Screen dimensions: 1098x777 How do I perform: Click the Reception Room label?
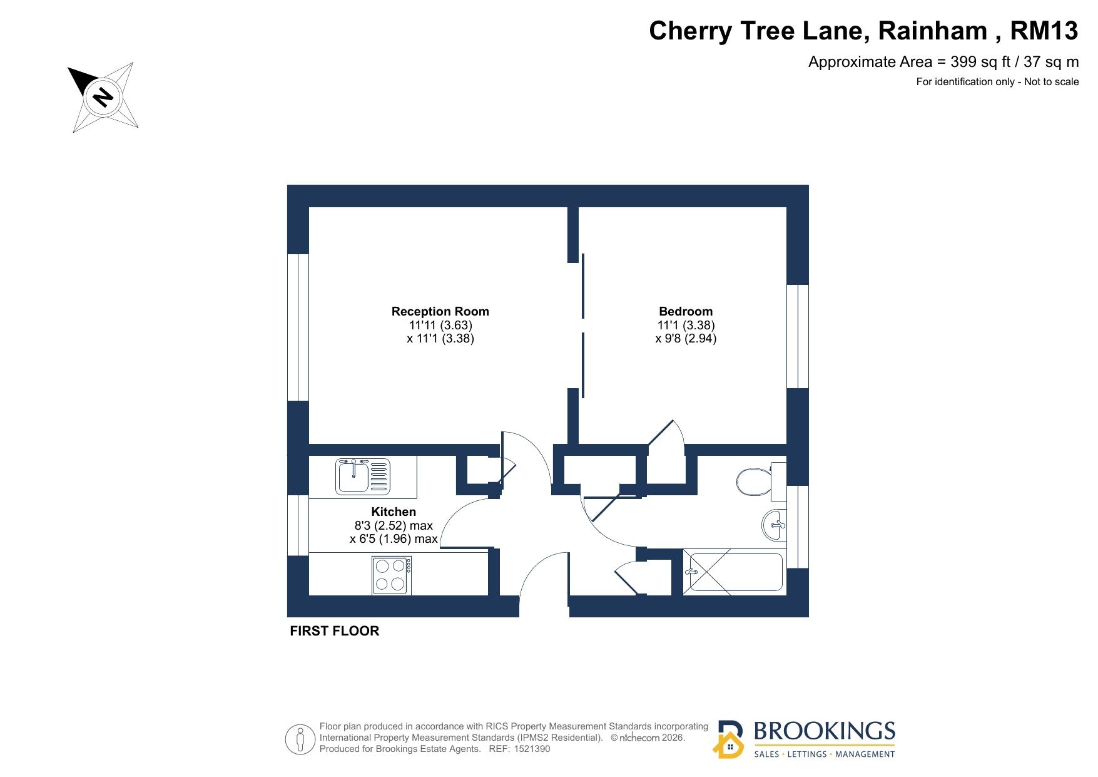pos(440,311)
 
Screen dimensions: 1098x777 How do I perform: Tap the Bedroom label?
pos(686,311)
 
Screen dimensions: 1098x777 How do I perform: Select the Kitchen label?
pos(394,512)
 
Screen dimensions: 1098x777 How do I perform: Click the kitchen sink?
pos(363,476)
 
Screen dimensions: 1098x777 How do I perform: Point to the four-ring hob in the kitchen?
pos(392,575)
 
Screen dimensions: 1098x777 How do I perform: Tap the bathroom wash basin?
pos(774,525)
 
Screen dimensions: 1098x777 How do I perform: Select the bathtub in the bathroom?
pos(733,572)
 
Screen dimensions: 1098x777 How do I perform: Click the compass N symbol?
pos(102,97)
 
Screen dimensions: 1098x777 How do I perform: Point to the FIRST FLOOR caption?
pos(335,631)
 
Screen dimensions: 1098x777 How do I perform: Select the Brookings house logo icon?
pos(729,739)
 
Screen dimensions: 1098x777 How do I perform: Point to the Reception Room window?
pos(298,327)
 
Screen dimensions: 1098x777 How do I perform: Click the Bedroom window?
pos(798,336)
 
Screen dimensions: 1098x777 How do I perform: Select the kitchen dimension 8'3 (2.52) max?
pos(394,525)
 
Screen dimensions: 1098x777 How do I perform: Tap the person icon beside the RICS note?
pos(300,739)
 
